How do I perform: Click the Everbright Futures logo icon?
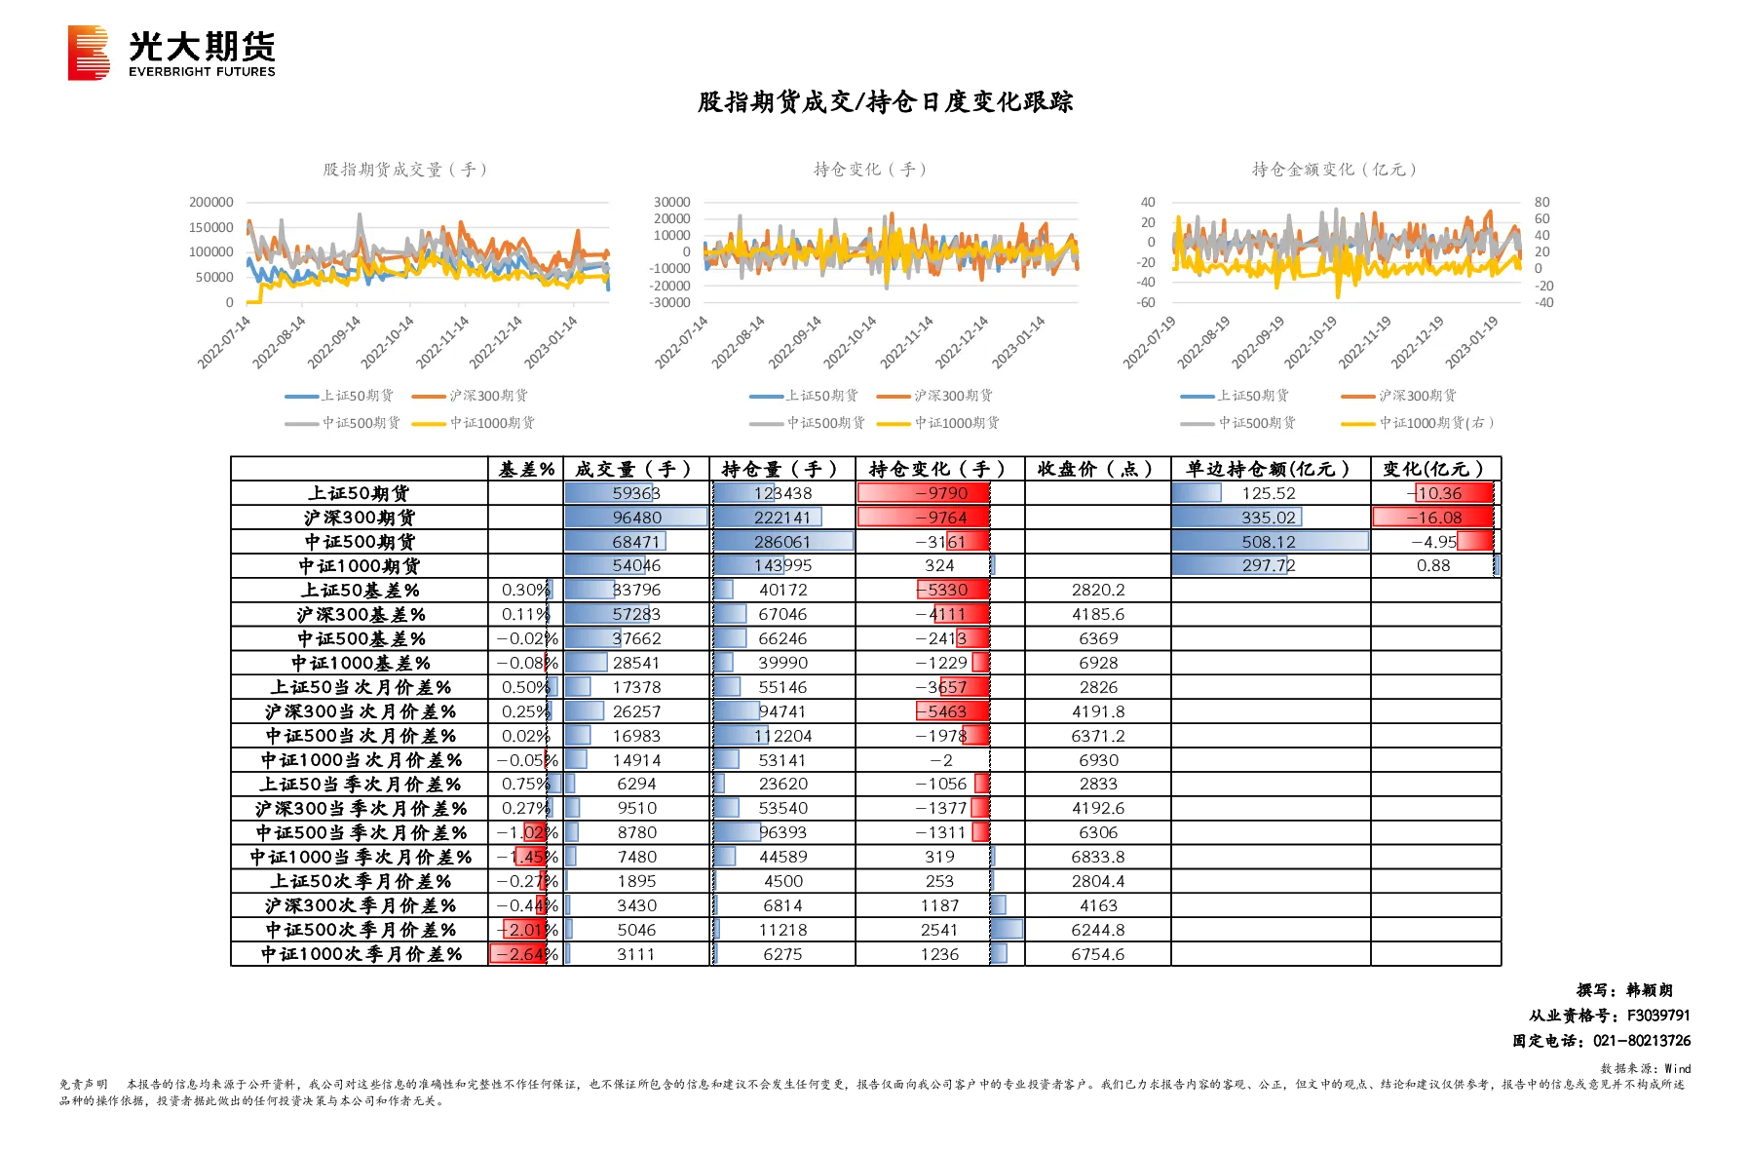tap(89, 53)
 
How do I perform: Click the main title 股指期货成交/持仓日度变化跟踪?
tap(885, 102)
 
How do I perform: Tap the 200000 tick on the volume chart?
tap(211, 203)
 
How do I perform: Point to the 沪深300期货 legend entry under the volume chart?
tap(470, 396)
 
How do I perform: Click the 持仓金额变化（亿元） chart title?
tap(1334, 170)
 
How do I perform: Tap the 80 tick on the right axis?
tap(1541, 203)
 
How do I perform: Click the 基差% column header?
tap(526, 470)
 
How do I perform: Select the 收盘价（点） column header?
tap(1096, 470)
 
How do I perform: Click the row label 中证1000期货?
tap(360, 566)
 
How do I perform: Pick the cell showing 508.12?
tap(1269, 542)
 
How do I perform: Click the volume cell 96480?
tap(637, 518)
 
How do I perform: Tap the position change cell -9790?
tap(940, 493)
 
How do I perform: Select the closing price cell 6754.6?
tap(1098, 955)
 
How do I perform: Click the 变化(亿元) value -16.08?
tap(1433, 518)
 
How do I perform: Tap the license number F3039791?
tap(1658, 1016)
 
